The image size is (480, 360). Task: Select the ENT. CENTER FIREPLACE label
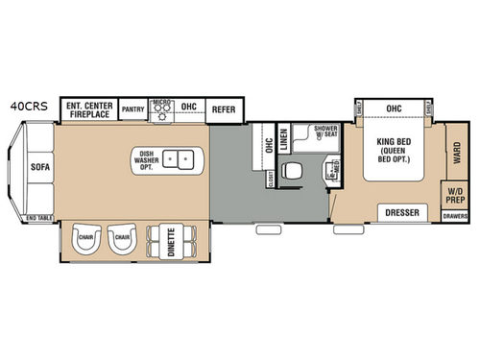(89, 108)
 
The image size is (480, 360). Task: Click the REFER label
(223, 108)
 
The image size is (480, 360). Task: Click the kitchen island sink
(175, 158)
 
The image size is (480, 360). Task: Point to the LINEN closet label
(284, 141)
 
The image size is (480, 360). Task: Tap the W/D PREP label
(454, 196)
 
